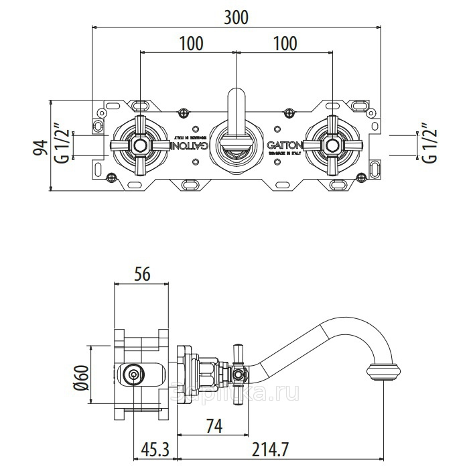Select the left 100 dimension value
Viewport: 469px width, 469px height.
click(191, 44)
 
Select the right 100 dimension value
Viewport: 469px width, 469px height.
click(285, 44)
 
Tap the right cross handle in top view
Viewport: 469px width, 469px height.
click(332, 145)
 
